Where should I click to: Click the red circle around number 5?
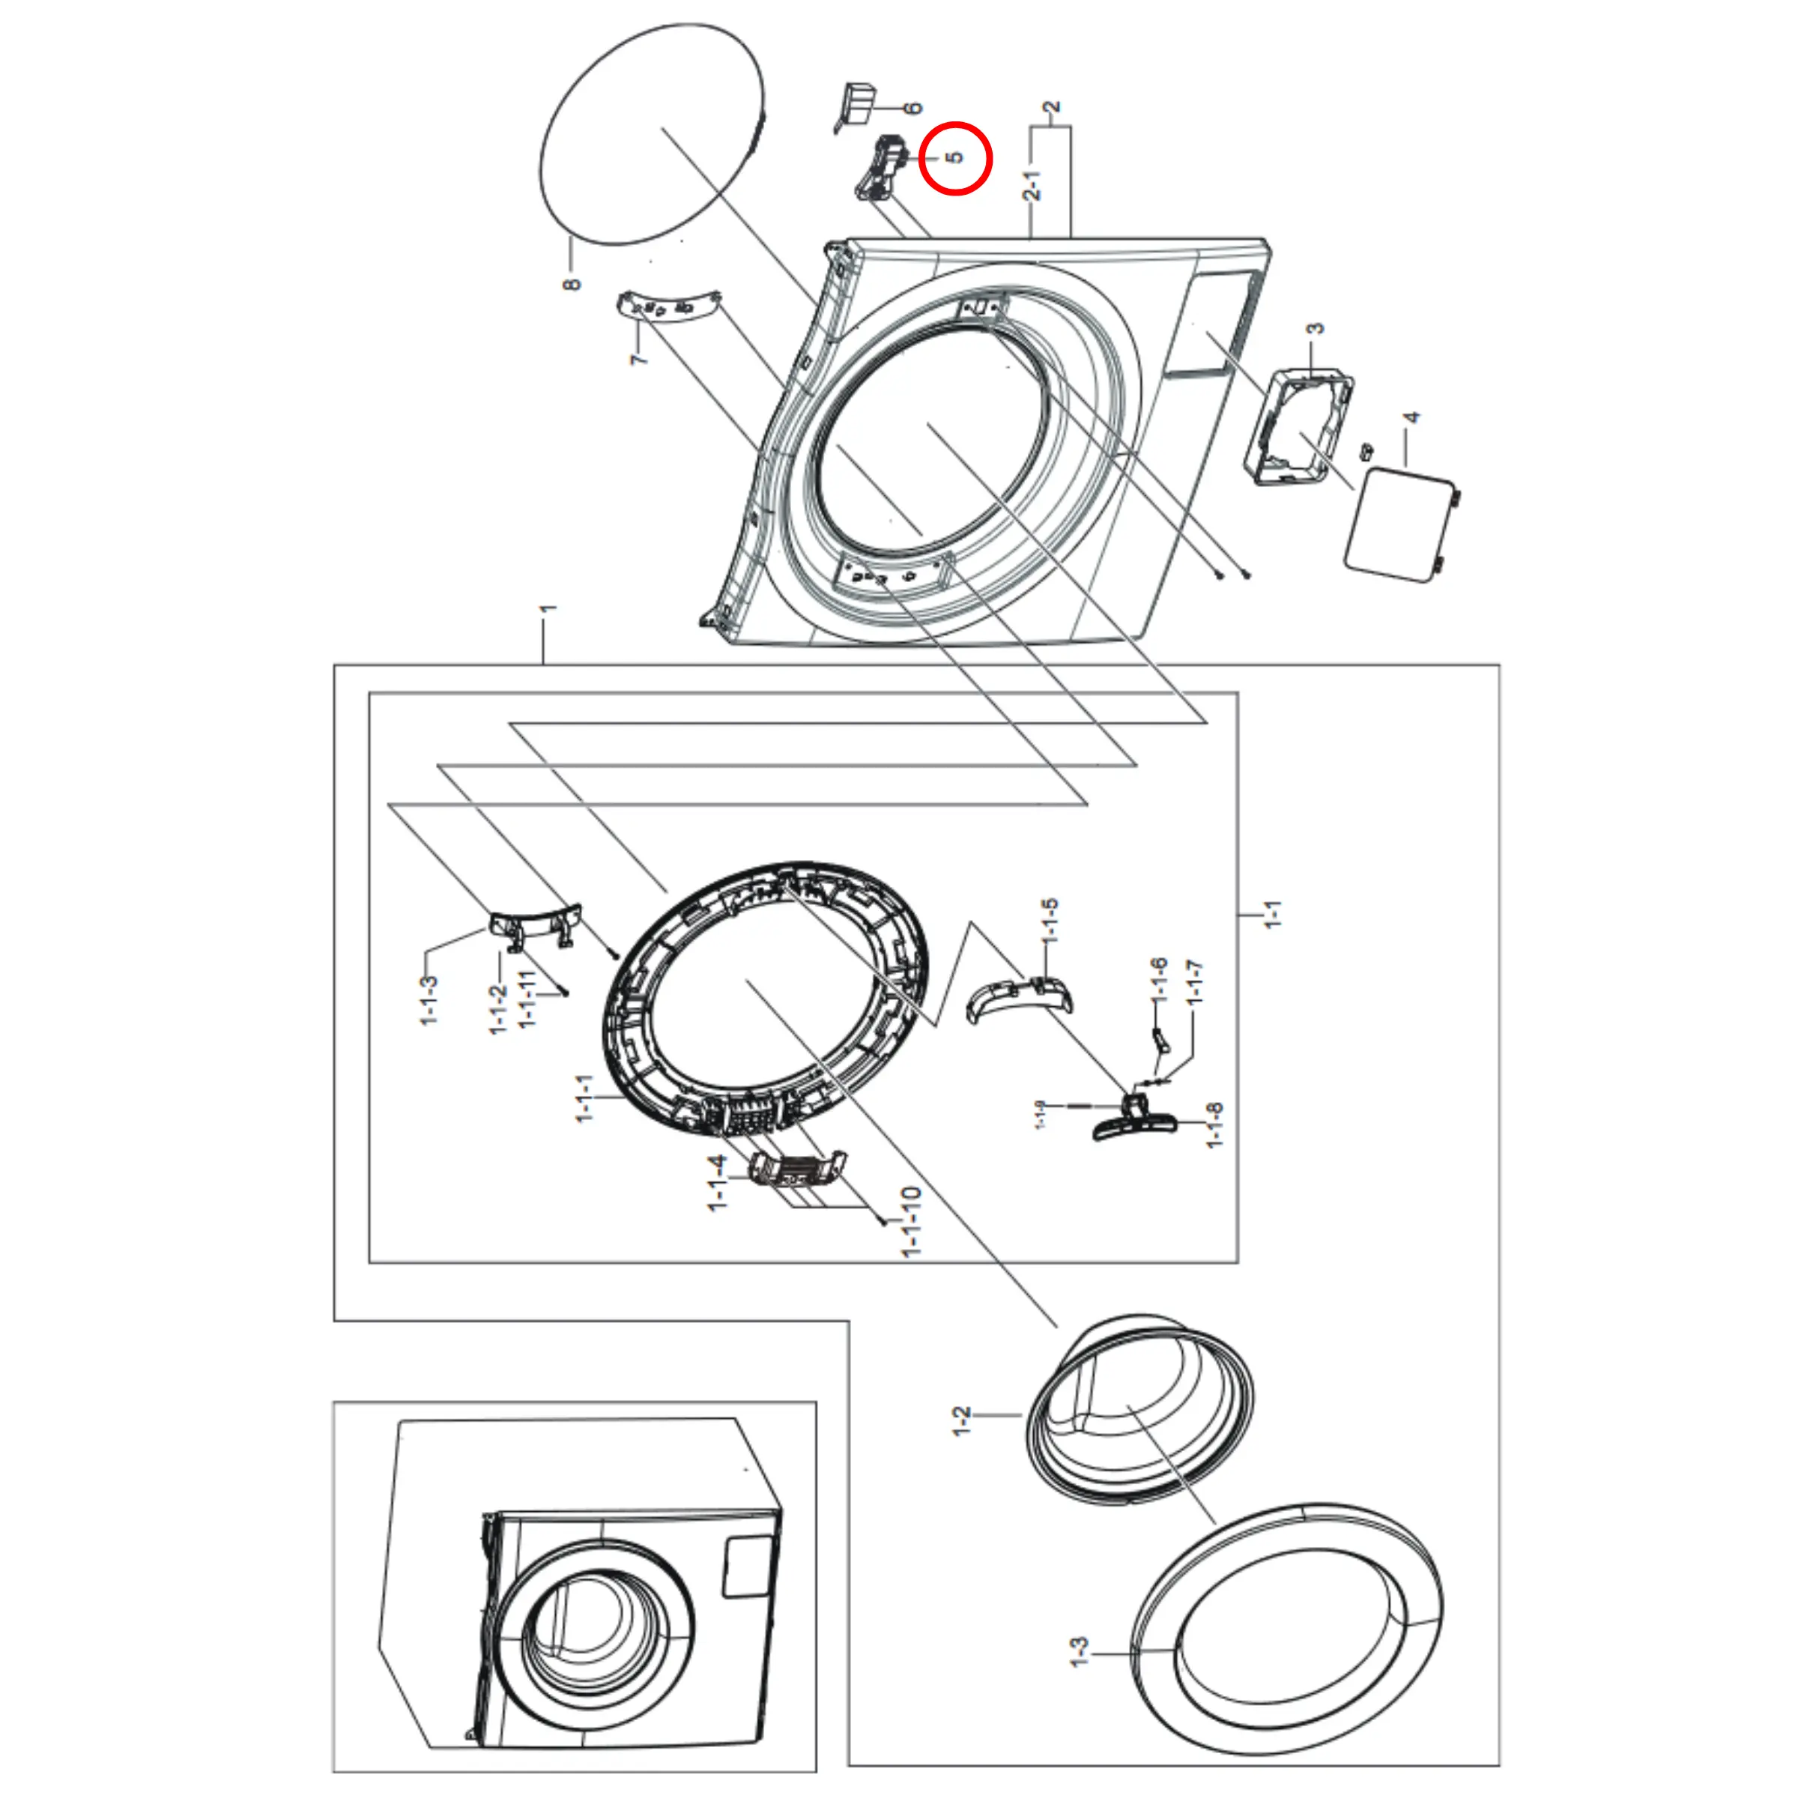(954, 159)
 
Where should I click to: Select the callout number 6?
(913, 109)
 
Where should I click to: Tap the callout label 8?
(572, 282)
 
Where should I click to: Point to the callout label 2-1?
(1032, 185)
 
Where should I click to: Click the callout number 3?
(1315, 329)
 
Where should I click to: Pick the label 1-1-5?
(1050, 920)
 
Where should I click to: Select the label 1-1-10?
(911, 1220)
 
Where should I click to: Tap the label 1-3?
(1079, 1652)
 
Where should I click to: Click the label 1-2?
(962, 1420)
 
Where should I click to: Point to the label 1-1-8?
(1214, 1125)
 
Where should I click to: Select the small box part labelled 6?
(857, 101)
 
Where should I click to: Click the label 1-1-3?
(429, 1000)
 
